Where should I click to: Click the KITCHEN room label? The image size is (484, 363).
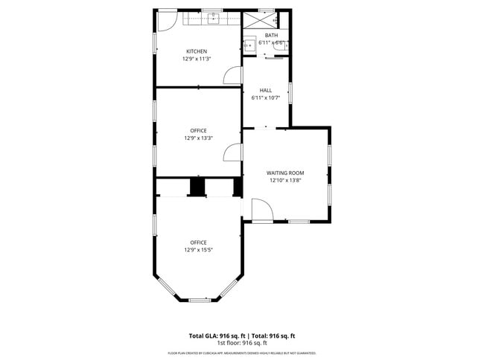click(197, 51)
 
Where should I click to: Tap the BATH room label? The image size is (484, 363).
click(271, 36)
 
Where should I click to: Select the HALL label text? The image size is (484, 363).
click(266, 90)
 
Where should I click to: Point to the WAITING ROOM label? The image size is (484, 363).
click(286, 173)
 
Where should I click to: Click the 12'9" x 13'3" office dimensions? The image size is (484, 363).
click(198, 138)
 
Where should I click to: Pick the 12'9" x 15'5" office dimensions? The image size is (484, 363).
click(198, 250)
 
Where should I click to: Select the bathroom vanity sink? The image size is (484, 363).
click(251, 45)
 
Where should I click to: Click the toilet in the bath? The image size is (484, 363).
click(286, 45)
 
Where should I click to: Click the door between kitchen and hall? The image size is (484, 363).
click(233, 74)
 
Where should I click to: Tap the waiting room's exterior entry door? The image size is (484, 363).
click(262, 211)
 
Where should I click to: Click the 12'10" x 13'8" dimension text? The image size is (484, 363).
click(286, 180)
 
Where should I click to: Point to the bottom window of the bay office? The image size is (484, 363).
click(199, 300)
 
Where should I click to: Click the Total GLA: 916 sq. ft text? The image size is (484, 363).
click(215, 336)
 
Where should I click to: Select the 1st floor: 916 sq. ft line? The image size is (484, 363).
click(242, 343)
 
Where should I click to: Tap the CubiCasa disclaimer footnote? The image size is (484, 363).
click(242, 353)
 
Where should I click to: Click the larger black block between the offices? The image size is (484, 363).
click(198, 187)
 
